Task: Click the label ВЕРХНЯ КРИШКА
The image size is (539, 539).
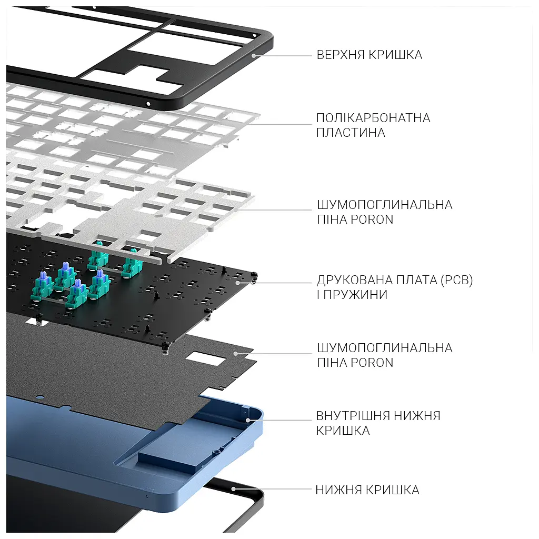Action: (x=369, y=55)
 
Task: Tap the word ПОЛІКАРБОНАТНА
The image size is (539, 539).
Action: (x=373, y=118)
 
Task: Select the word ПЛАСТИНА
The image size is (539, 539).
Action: (x=351, y=133)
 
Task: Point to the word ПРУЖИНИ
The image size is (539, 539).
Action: (x=356, y=295)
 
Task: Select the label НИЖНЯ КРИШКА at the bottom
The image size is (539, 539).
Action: (x=367, y=490)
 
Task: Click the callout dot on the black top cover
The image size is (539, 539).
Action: (x=254, y=56)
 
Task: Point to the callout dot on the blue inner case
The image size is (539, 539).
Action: (x=247, y=420)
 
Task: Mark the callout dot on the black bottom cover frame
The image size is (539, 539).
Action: (x=233, y=489)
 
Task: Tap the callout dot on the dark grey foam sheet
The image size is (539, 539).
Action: (x=235, y=353)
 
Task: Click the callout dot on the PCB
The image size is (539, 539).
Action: (x=238, y=283)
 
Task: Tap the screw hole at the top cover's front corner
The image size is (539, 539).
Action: (x=148, y=104)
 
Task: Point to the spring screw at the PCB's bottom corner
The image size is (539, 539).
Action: (x=165, y=348)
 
